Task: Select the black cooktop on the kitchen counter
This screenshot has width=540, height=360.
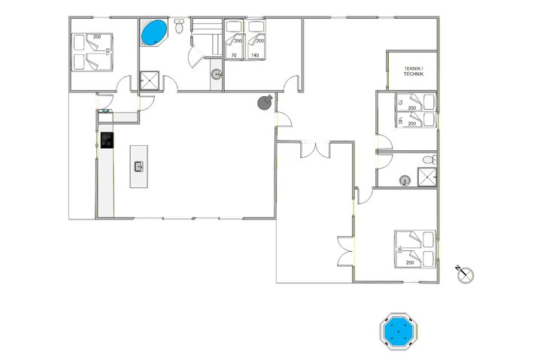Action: pyautogui.click(x=106, y=140)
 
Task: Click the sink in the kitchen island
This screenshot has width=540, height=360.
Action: pyautogui.click(x=138, y=166)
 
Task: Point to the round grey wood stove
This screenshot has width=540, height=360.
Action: pyautogui.click(x=265, y=102)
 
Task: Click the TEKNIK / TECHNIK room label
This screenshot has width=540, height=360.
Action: pyautogui.click(x=414, y=71)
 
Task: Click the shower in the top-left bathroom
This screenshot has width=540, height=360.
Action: pyautogui.click(x=149, y=80)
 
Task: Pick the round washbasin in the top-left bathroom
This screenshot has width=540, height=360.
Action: pyautogui.click(x=216, y=74)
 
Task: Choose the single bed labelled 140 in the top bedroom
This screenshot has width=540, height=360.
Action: pyautogui.click(x=256, y=44)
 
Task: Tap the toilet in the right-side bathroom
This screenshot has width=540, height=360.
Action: pyautogui.click(x=428, y=159)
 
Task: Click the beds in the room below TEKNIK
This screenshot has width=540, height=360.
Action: pyautogui.click(x=417, y=110)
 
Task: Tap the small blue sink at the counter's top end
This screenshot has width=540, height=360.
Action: pyautogui.click(x=105, y=111)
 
